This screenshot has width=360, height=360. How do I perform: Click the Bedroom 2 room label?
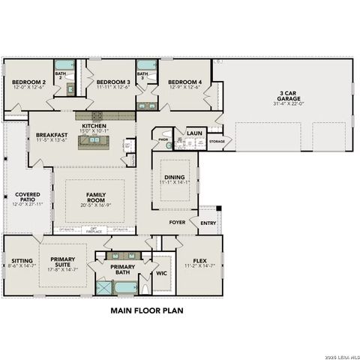[25, 82]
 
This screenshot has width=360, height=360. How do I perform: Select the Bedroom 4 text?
[184, 82]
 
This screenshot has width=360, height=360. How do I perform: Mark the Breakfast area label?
[52, 136]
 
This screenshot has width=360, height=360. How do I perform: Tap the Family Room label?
[95, 197]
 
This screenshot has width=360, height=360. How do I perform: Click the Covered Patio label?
[28, 197]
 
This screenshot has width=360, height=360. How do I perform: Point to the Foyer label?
[177, 223]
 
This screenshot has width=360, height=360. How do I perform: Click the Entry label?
[208, 223]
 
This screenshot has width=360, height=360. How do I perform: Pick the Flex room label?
[199, 261]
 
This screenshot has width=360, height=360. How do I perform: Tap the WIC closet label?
[161, 273]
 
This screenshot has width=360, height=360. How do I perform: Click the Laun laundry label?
[194, 133]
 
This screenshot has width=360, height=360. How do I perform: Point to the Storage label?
[217, 141]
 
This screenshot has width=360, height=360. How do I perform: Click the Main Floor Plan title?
[147, 309]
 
